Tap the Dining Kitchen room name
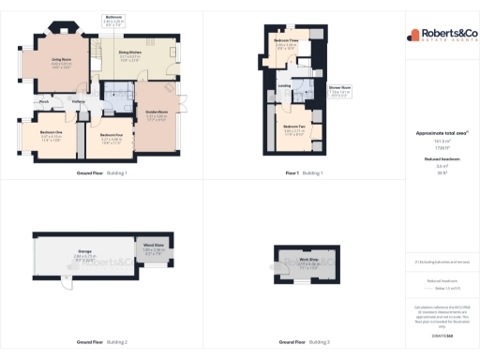130,52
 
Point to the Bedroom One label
51,131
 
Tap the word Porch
43,101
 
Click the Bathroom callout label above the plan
113,18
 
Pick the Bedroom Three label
287,40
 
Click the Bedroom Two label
295,126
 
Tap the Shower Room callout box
339,88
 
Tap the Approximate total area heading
441,132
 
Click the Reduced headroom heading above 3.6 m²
441,158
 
